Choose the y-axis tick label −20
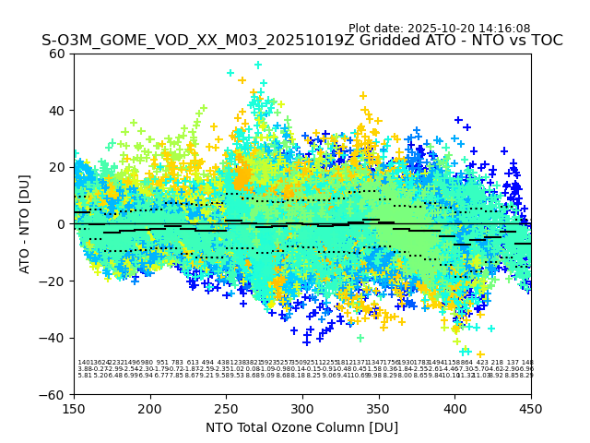click(54, 281)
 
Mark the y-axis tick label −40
click(54, 338)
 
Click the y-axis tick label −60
click(54, 395)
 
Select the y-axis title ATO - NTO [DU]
click(25, 224)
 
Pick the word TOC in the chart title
click(544, 41)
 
